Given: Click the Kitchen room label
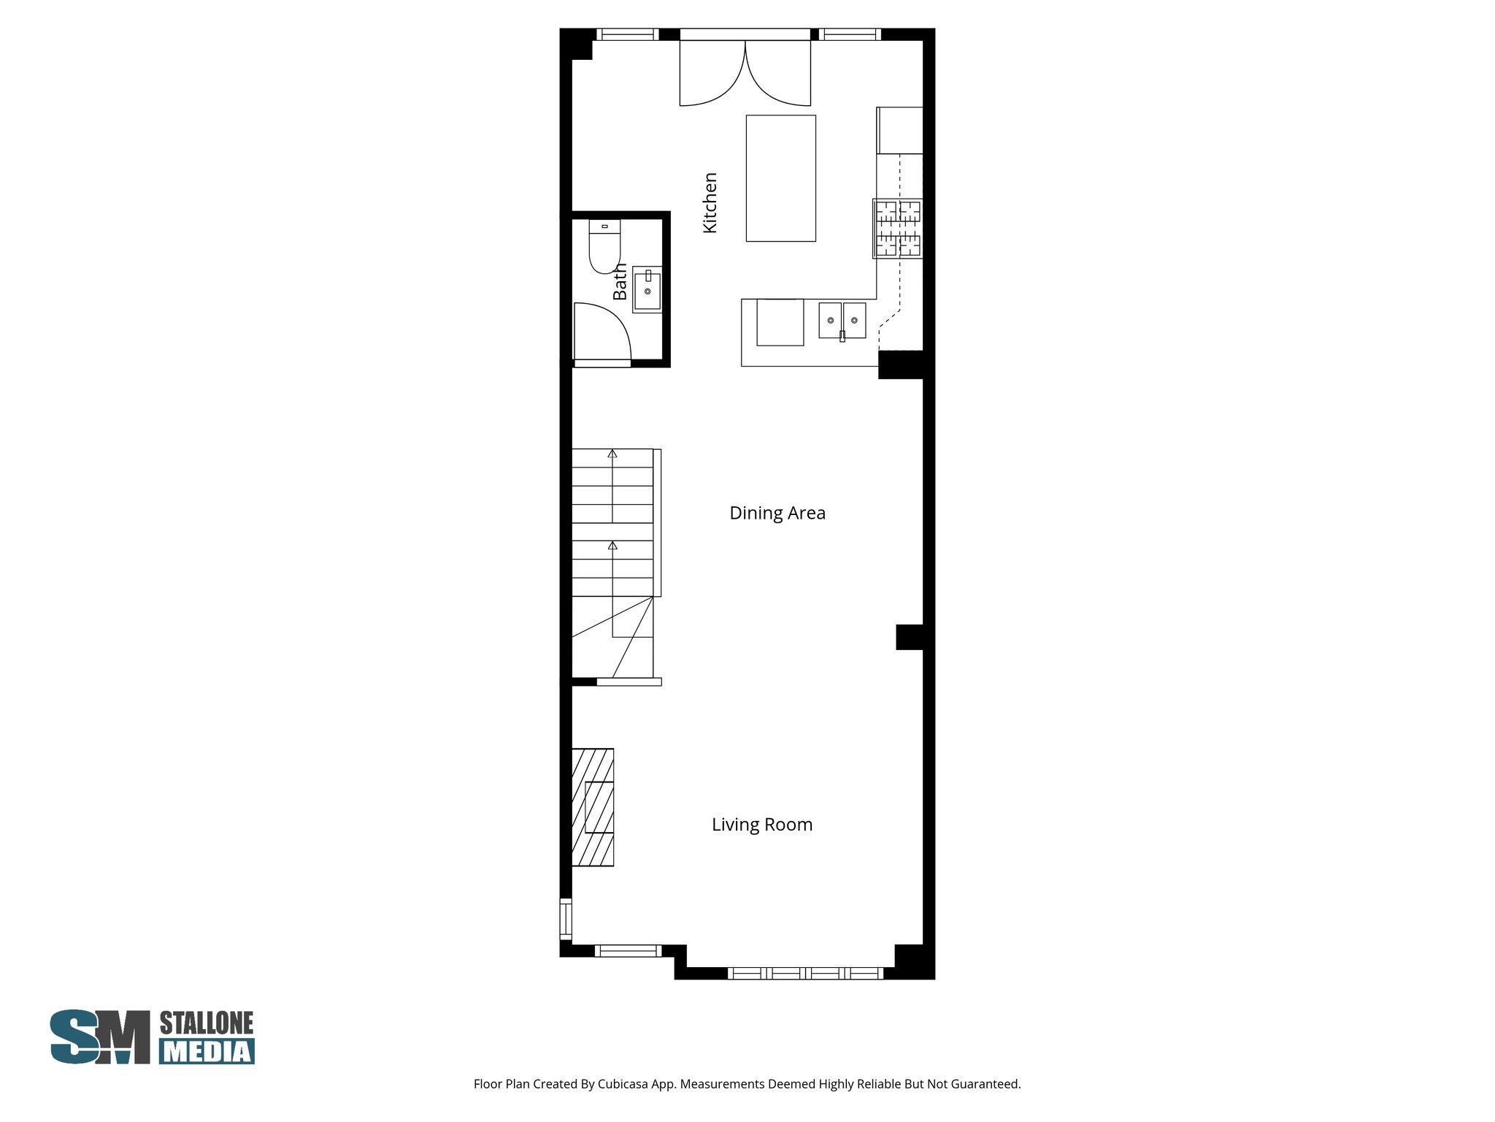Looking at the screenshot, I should [710, 203].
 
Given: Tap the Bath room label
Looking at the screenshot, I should [620, 282].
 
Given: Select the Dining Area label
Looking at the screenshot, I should [777, 513].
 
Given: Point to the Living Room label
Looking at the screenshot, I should [761, 825].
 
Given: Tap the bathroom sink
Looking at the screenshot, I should [647, 290].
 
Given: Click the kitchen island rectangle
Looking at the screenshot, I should [780, 178].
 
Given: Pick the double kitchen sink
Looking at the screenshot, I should [842, 321].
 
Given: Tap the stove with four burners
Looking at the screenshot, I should [898, 229].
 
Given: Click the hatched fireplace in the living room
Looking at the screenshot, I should [592, 807].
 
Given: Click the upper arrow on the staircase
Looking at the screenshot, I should [612, 454].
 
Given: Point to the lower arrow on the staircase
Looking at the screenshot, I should [612, 546].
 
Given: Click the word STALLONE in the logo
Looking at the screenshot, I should [207, 1023].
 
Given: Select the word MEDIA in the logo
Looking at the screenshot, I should [207, 1051].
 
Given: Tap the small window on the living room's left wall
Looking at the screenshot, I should [565, 919].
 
